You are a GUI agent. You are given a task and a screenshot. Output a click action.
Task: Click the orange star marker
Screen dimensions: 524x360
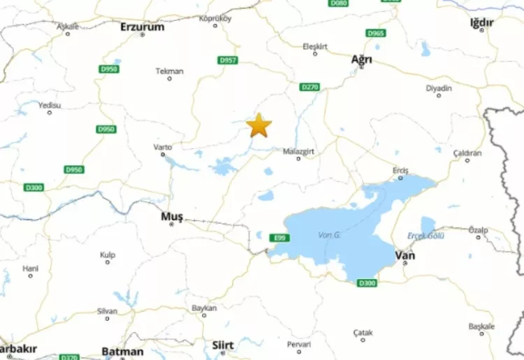259,125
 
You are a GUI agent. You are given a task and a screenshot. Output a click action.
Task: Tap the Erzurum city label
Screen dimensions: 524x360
142,27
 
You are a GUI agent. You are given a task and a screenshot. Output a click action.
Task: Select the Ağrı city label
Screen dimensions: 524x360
361,59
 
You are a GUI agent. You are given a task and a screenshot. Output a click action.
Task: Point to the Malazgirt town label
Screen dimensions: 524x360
298,150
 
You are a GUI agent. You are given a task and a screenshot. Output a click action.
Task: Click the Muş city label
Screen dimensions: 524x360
171,217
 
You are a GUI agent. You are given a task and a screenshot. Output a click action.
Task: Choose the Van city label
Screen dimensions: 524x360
405,256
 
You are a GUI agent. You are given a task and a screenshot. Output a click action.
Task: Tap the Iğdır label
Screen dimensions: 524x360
481,23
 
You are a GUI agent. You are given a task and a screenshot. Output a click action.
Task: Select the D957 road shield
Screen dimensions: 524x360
228,61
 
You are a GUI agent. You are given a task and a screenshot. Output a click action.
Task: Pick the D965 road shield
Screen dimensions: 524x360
375,33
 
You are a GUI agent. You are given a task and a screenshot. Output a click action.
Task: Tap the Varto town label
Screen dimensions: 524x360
162,147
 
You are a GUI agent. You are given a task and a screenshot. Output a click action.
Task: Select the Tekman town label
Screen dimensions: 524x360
170,71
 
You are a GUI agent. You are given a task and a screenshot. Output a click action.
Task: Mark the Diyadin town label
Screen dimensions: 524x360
439,89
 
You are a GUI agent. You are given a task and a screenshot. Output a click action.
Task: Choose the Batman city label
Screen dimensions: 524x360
122,352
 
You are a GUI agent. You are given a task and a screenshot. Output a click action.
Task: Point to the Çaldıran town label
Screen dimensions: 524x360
467,152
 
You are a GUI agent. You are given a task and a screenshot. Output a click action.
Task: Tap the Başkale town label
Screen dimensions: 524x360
481,326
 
